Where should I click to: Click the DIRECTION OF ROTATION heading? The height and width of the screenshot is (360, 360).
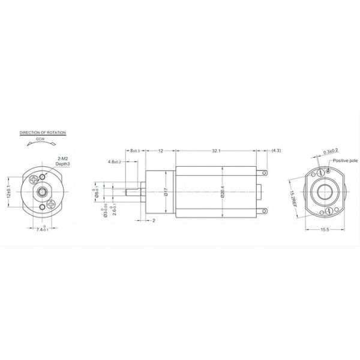click(x=43, y=131)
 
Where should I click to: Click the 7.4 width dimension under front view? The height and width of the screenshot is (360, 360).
click(x=42, y=229)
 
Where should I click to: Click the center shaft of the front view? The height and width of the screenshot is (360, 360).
click(x=42, y=191)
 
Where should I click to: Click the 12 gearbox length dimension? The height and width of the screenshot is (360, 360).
click(x=160, y=151)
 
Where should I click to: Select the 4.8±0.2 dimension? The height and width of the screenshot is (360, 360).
click(x=115, y=162)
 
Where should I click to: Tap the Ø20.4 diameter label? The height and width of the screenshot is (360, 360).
click(x=222, y=192)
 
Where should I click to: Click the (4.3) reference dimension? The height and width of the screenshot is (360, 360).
click(x=277, y=151)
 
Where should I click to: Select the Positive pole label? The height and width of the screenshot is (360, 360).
click(x=345, y=161)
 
